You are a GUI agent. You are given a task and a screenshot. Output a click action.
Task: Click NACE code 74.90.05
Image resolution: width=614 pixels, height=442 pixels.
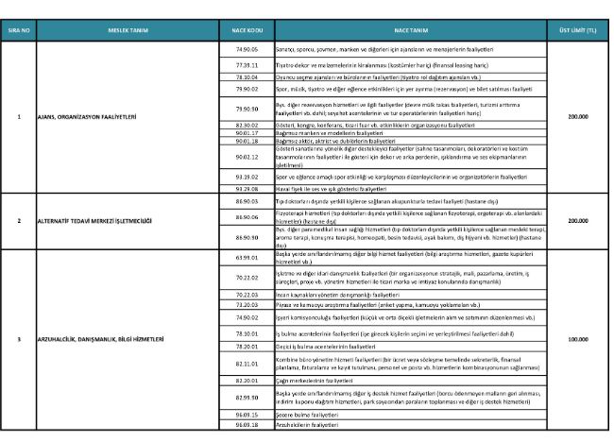point(247,47)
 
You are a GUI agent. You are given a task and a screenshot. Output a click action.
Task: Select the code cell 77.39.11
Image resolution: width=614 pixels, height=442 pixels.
point(247,63)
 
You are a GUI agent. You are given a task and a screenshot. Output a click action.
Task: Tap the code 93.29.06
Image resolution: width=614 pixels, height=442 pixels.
point(247,188)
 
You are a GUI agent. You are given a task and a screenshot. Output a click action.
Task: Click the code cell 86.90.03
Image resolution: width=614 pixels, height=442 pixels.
point(247,200)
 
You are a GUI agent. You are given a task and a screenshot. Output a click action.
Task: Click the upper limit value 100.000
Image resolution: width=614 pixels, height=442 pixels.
point(578,338)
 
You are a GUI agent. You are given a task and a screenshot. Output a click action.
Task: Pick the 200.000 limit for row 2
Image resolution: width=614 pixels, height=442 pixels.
point(578,220)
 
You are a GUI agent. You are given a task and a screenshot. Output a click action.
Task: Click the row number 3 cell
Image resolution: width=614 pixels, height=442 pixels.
point(20,338)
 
